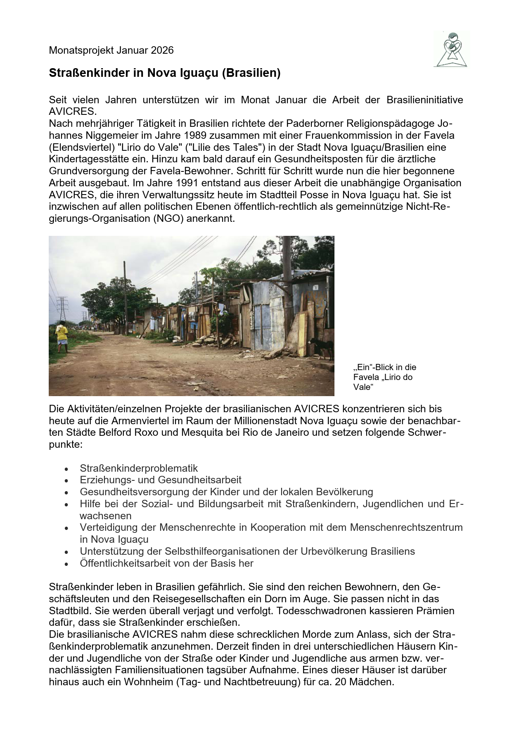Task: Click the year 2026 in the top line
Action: point(162,50)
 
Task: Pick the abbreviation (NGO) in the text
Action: point(168,219)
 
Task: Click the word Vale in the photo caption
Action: point(362,387)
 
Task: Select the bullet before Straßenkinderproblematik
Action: point(67,469)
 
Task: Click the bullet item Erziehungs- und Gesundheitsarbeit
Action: point(161,480)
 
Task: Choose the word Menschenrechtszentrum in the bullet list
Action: point(406,527)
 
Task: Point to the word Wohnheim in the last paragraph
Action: point(150,682)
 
